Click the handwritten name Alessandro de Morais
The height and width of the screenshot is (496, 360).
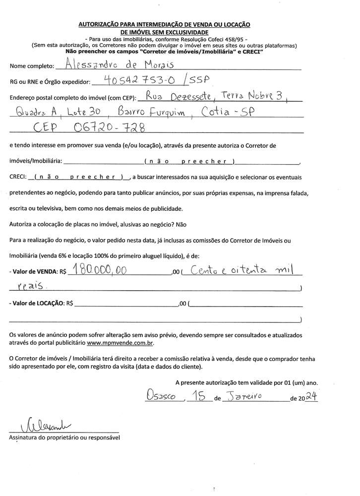122,63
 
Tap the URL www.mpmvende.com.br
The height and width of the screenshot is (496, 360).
120,343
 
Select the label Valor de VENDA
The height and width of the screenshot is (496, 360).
35,272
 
